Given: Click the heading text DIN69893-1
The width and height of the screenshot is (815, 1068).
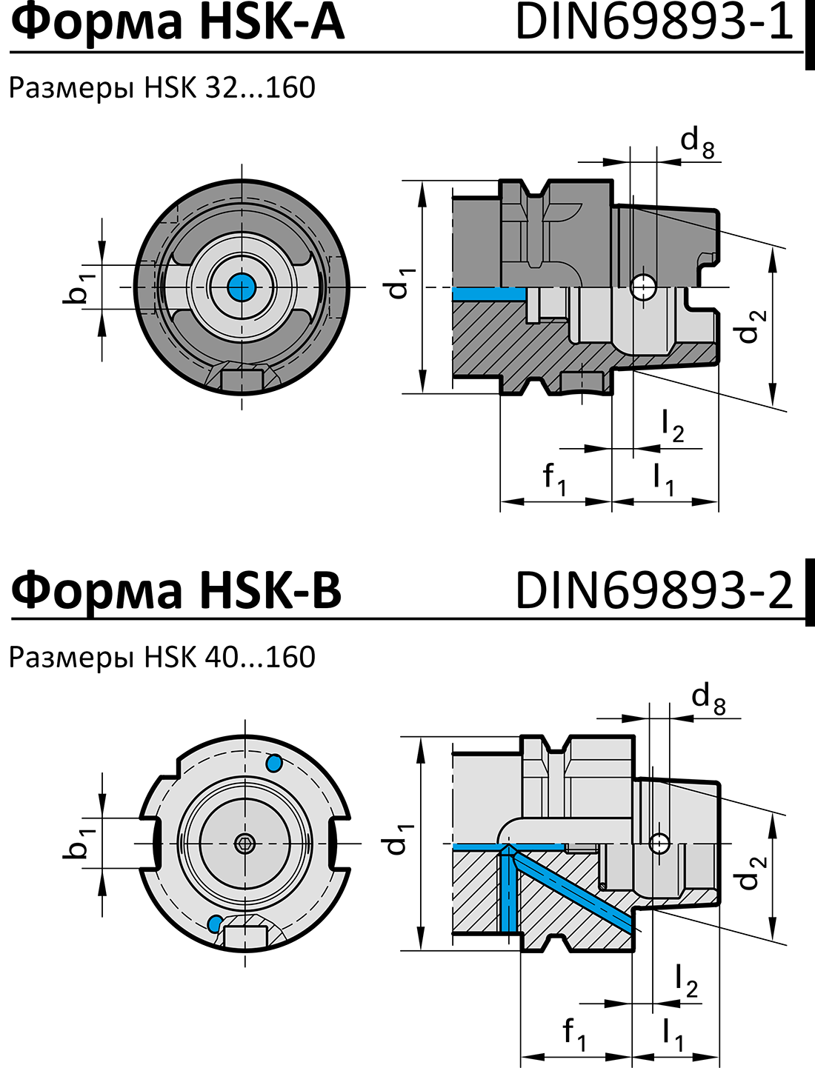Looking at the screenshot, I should click(x=653, y=22).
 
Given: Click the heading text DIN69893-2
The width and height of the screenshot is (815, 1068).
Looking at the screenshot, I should click(x=653, y=590).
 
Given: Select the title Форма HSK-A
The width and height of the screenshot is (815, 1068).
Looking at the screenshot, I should click(x=178, y=22).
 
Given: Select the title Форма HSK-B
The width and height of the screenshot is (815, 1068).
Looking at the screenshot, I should click(x=176, y=590).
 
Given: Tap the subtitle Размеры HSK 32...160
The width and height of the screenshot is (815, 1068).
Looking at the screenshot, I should click(x=162, y=88).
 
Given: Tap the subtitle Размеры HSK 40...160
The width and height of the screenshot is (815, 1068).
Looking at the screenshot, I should click(x=162, y=657).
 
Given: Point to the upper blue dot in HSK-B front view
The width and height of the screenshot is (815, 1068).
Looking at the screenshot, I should click(x=273, y=763).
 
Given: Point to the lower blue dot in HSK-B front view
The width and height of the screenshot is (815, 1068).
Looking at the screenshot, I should click(x=216, y=923).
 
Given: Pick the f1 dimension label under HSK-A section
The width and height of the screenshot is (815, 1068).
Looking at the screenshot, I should click(x=554, y=478).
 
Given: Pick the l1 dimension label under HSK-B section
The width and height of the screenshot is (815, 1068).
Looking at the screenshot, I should click(x=673, y=1033).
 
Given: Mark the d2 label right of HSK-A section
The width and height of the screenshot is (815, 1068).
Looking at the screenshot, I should click(x=751, y=327).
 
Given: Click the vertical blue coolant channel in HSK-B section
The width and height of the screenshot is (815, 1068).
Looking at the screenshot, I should click(x=508, y=892).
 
